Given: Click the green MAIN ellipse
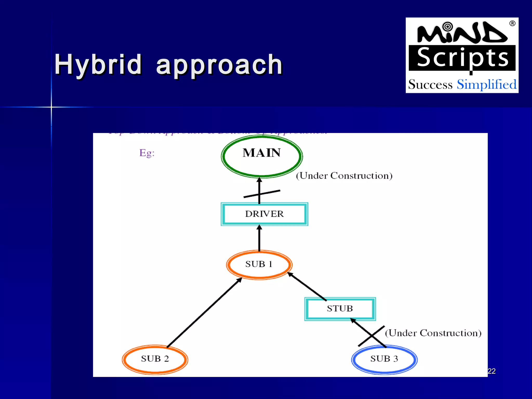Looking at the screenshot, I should (x=262, y=156).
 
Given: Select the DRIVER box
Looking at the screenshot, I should (x=264, y=214).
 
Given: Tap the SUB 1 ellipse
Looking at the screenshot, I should (x=259, y=264).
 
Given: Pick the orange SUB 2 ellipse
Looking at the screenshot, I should (x=155, y=359).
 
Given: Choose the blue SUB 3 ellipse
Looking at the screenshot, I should (x=384, y=359).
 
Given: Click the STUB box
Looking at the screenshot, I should (x=340, y=309).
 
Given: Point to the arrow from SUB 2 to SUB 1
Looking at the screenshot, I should (x=204, y=313).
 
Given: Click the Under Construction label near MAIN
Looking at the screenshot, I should (x=344, y=176).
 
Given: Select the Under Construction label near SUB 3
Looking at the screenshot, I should (x=433, y=333).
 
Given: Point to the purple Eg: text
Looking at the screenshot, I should (x=147, y=153).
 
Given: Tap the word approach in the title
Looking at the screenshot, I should (x=219, y=65).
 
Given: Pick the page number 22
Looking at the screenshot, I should (x=491, y=371).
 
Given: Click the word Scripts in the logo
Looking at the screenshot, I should (x=462, y=58).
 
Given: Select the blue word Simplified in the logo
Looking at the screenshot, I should (x=487, y=84).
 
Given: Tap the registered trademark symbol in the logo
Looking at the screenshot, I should (x=512, y=24).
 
